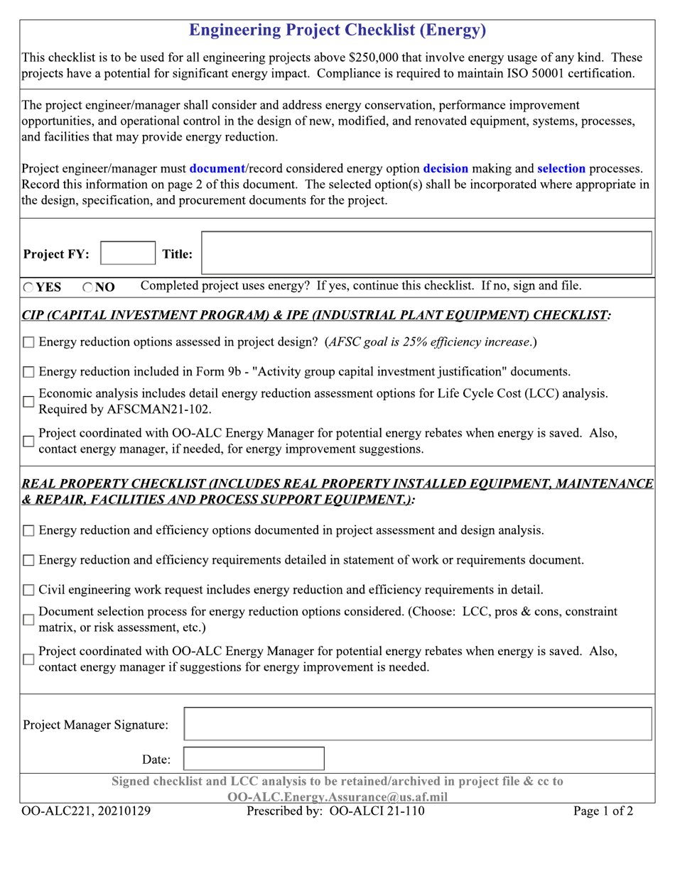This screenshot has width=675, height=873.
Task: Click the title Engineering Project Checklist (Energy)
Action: tap(337, 30)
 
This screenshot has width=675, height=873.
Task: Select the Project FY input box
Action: tap(128, 253)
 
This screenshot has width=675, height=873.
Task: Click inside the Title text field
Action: tap(426, 253)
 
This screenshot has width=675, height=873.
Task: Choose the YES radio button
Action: tap(28, 287)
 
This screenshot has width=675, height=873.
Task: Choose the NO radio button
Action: tap(87, 287)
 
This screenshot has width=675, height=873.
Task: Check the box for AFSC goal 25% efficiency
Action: tap(28, 343)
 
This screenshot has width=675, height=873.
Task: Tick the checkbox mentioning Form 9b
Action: tap(28, 372)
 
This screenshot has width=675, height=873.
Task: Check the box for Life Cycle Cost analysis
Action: tap(28, 402)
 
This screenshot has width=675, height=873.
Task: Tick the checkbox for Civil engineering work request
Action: tap(28, 590)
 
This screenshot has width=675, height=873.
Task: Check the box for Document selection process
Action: tap(28, 620)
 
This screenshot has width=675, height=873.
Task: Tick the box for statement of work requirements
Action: tap(28, 561)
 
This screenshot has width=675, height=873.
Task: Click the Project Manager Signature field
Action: tap(418, 724)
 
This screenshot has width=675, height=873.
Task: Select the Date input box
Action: tap(254, 759)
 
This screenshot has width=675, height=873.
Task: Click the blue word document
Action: tap(217, 169)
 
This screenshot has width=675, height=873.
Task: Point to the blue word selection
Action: tap(561, 169)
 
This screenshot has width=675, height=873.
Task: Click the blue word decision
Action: tap(445, 169)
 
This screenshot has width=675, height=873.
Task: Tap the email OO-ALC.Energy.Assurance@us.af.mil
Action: tap(337, 797)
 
